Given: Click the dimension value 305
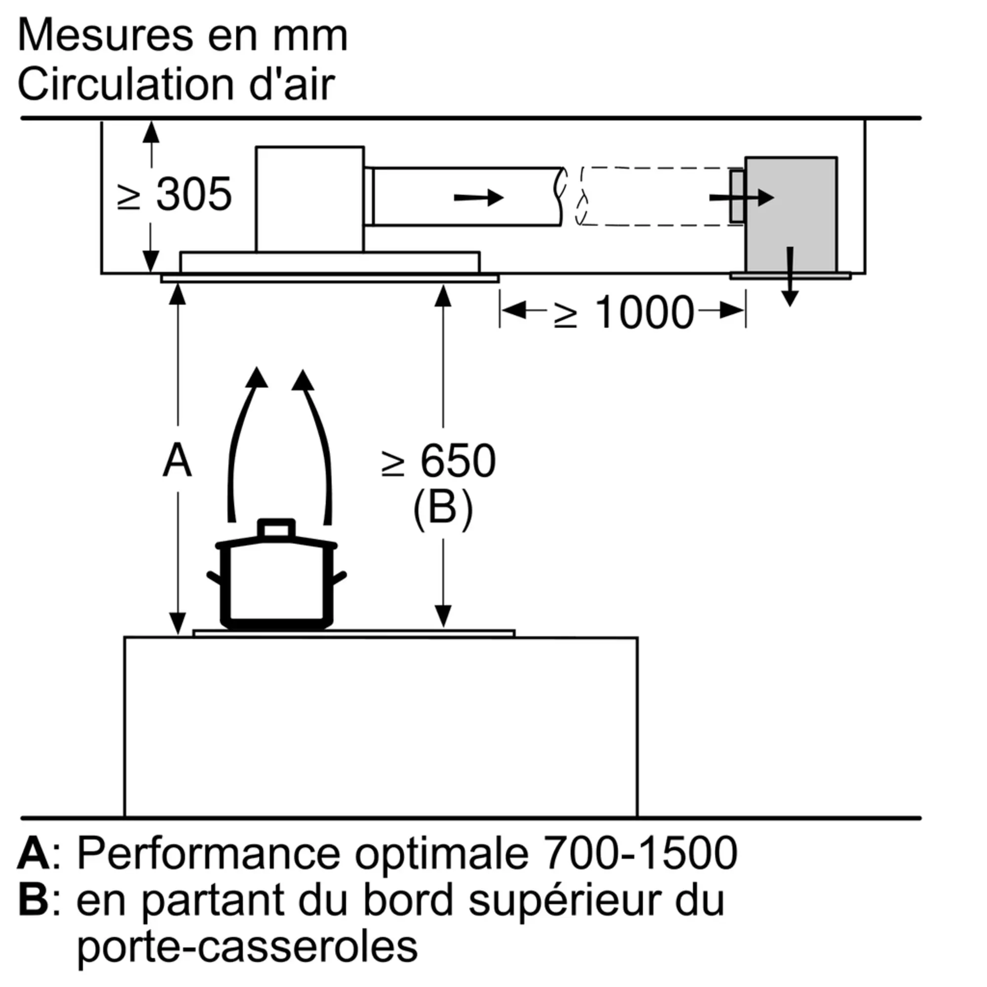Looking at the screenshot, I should pos(193,194).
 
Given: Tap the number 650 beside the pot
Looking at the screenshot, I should pos(457,461).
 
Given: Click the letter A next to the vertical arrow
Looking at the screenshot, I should pos(177,461).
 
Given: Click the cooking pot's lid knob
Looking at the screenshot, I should pos(276,528).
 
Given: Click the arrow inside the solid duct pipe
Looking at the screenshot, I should pos(479,197).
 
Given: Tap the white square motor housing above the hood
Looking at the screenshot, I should pos(309,199).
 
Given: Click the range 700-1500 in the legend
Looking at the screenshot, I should pos(640,853).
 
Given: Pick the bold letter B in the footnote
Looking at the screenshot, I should pos(34,900).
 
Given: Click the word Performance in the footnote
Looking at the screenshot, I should pos(208,853).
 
